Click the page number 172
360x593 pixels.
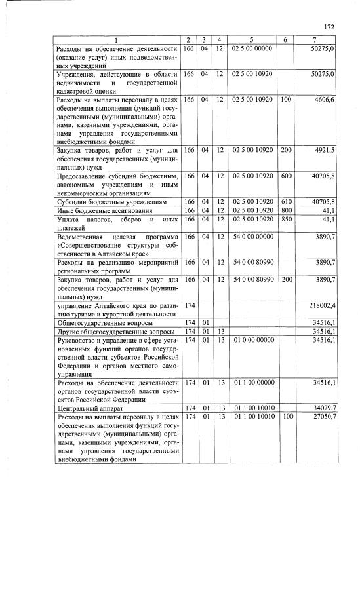tap(329, 27)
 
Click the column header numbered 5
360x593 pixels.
tap(252, 40)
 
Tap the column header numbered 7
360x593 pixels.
tap(317, 40)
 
